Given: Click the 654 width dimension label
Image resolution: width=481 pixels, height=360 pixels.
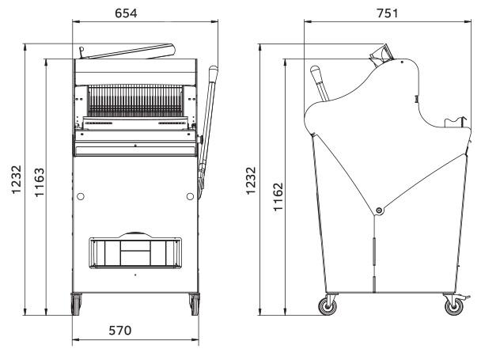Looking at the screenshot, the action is point(126,13).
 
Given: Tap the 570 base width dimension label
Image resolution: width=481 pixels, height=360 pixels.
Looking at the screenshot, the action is point(120,331).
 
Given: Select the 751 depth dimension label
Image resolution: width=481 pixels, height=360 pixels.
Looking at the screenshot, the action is point(388,13).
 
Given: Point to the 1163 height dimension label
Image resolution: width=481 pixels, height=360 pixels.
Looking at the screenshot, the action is point(40,182).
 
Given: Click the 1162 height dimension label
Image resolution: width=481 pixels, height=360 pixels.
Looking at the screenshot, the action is point(278,197).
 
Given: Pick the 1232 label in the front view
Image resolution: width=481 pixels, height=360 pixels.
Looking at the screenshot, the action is point(17,180).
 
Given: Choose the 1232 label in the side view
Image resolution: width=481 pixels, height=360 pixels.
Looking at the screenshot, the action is point(251,180).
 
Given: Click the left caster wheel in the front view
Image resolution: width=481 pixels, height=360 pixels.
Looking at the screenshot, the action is point(76,304).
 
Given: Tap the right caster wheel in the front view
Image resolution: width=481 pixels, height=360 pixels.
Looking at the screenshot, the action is point(195,304).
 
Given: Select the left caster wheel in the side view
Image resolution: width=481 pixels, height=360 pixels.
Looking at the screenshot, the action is point(328,306).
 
